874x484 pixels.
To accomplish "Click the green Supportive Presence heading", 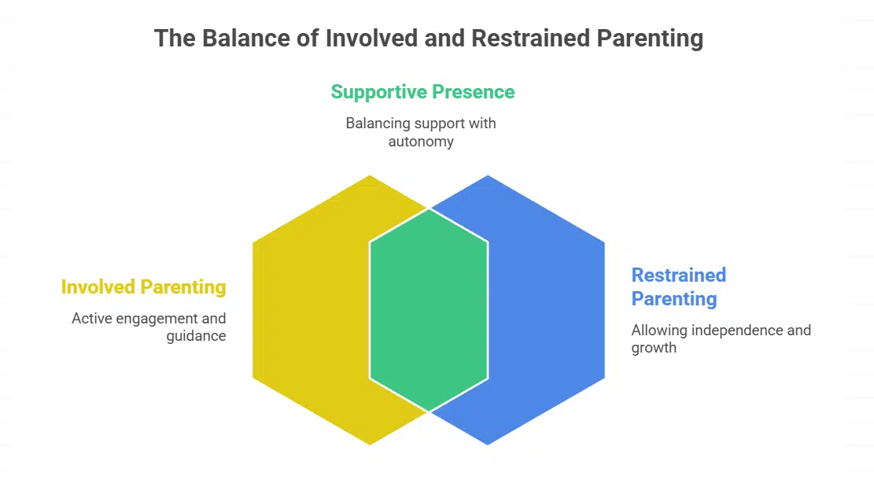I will (422, 92).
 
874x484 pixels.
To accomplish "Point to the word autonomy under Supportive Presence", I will (421, 142).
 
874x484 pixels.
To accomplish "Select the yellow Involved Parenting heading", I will (144, 287).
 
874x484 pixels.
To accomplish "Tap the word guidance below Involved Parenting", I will (196, 336).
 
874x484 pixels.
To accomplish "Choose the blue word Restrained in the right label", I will (679, 275).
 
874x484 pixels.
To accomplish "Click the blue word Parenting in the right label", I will (674, 299).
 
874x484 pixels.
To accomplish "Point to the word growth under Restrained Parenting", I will (654, 347).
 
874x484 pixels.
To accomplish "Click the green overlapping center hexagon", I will (429, 309).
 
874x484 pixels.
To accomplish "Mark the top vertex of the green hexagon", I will (429, 209).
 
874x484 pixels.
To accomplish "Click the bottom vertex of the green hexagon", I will (429, 411).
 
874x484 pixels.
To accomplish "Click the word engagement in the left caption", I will (155, 319).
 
